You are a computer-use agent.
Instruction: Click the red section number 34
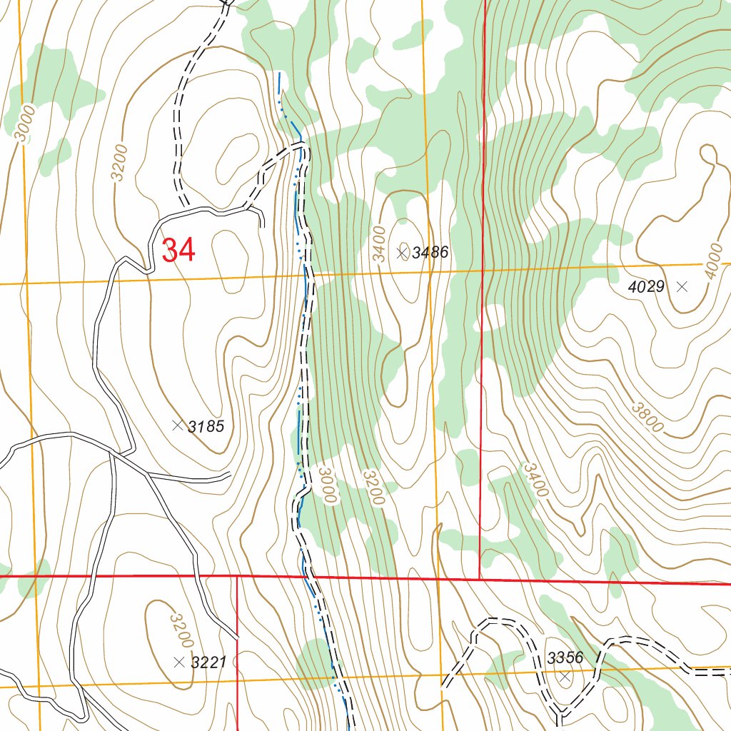click(178, 251)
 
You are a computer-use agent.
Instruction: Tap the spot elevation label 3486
click(430, 252)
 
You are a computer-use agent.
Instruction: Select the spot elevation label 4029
click(647, 287)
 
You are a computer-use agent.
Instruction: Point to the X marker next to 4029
click(682, 287)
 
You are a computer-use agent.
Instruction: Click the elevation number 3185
click(206, 427)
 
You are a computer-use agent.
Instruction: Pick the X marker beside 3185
click(177, 425)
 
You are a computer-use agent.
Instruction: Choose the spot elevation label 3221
click(208, 662)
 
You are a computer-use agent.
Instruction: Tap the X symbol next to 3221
click(178, 662)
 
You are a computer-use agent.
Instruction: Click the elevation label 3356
click(565, 657)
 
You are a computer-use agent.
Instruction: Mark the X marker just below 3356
click(565, 676)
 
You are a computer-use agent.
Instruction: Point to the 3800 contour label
click(648, 418)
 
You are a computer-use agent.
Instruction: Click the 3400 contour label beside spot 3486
click(379, 243)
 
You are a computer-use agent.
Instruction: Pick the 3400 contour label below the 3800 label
click(535, 480)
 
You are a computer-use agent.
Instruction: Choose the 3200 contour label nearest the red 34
click(119, 163)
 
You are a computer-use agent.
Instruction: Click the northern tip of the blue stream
click(279, 73)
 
